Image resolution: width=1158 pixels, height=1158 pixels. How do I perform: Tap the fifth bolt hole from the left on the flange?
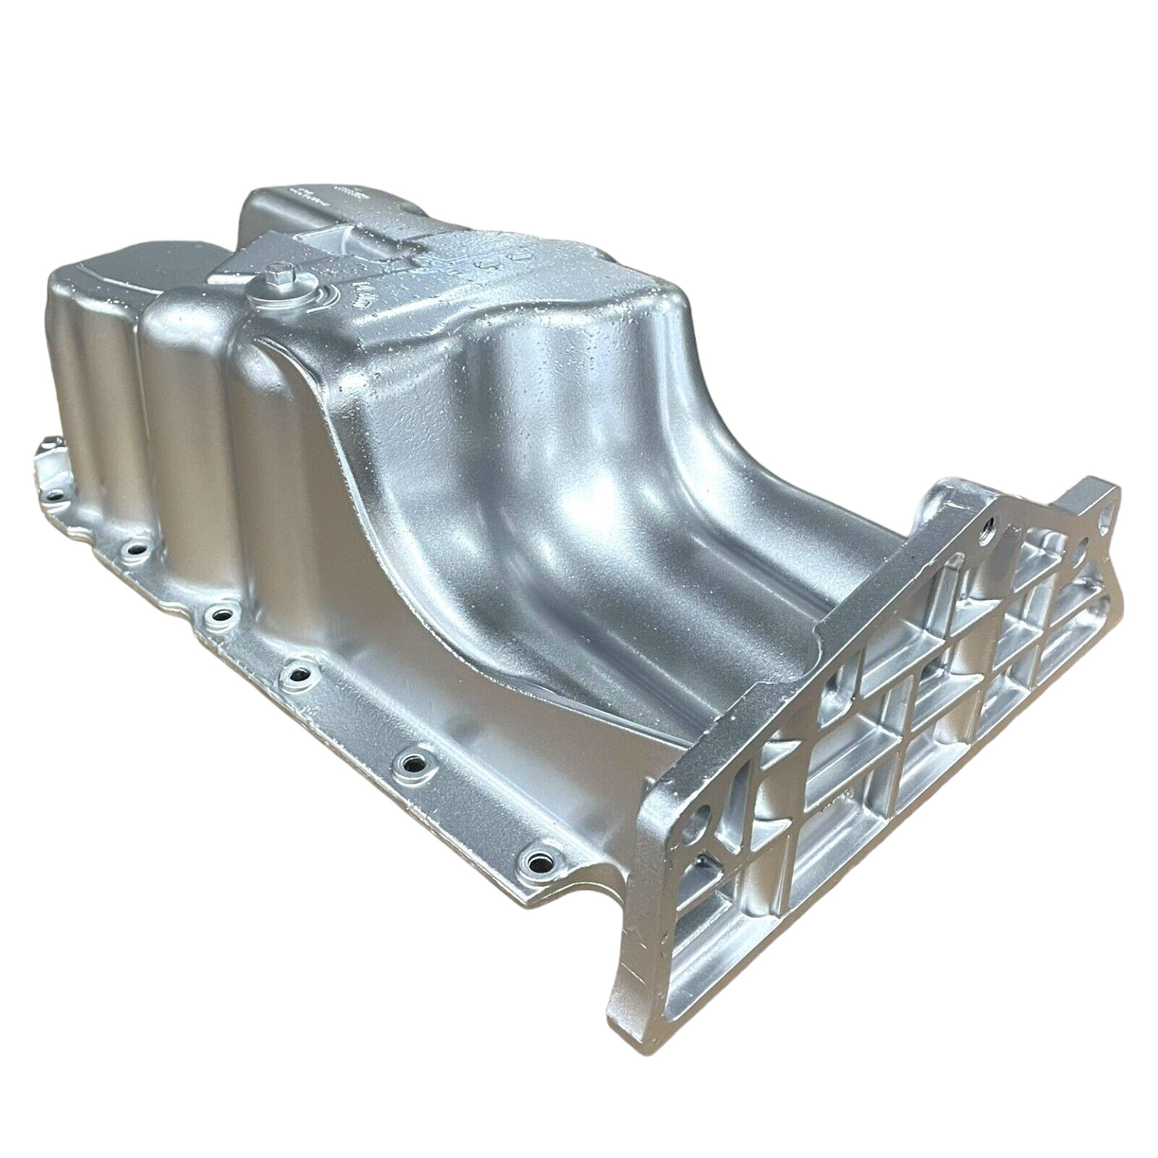point(413,762)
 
